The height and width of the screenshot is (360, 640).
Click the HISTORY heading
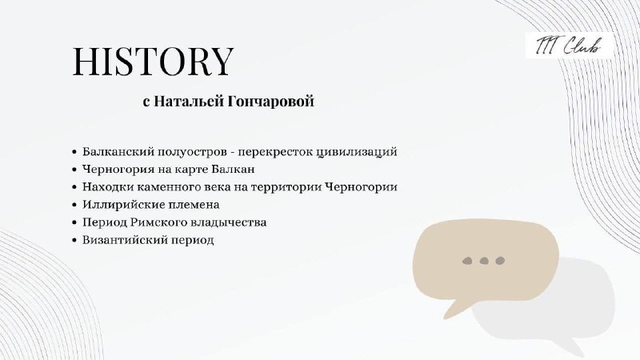pos(153,62)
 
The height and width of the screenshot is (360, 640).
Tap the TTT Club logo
pos(569,46)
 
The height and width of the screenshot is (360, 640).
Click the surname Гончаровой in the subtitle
pos(270,102)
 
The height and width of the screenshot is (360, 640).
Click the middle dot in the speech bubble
pos(484,261)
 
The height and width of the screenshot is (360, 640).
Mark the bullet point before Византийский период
pos(74,240)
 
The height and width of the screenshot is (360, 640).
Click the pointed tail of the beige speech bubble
pos(446,317)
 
